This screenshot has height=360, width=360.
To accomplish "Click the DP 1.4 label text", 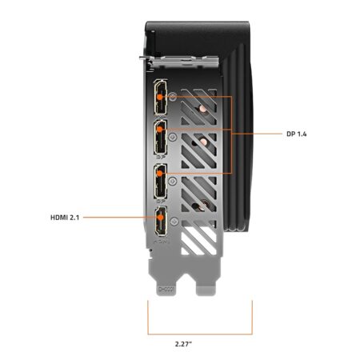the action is (x=297, y=134).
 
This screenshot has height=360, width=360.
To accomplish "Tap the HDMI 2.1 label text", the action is (x=65, y=218).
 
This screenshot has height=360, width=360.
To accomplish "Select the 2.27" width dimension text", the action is (x=183, y=344).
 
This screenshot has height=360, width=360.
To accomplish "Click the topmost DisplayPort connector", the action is (x=161, y=98).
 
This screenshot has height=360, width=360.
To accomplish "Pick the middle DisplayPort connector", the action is (x=161, y=137).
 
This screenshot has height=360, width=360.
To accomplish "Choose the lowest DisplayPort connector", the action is (x=161, y=182).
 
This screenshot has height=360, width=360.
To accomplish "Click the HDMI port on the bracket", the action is (x=161, y=221).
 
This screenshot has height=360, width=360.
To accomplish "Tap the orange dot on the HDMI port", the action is (x=160, y=218).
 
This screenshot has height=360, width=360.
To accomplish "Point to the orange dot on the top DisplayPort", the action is (x=159, y=97).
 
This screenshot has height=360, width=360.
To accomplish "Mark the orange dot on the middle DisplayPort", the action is (x=159, y=130).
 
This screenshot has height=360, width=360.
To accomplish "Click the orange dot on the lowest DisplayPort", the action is (x=159, y=174).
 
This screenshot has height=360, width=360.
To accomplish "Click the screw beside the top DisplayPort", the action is (x=173, y=96).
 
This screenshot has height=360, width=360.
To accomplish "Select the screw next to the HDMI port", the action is (x=174, y=222).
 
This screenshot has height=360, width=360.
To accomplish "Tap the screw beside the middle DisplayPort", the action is (x=173, y=137).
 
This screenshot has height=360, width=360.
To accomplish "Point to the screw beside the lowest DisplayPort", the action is (x=173, y=182).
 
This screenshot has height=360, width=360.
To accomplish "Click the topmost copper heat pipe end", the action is (x=202, y=108).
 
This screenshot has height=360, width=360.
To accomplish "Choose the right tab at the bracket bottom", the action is (x=206, y=289).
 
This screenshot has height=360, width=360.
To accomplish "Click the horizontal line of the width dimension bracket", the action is (x=200, y=334).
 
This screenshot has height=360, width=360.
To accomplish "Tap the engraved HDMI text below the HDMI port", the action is (x=162, y=242).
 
